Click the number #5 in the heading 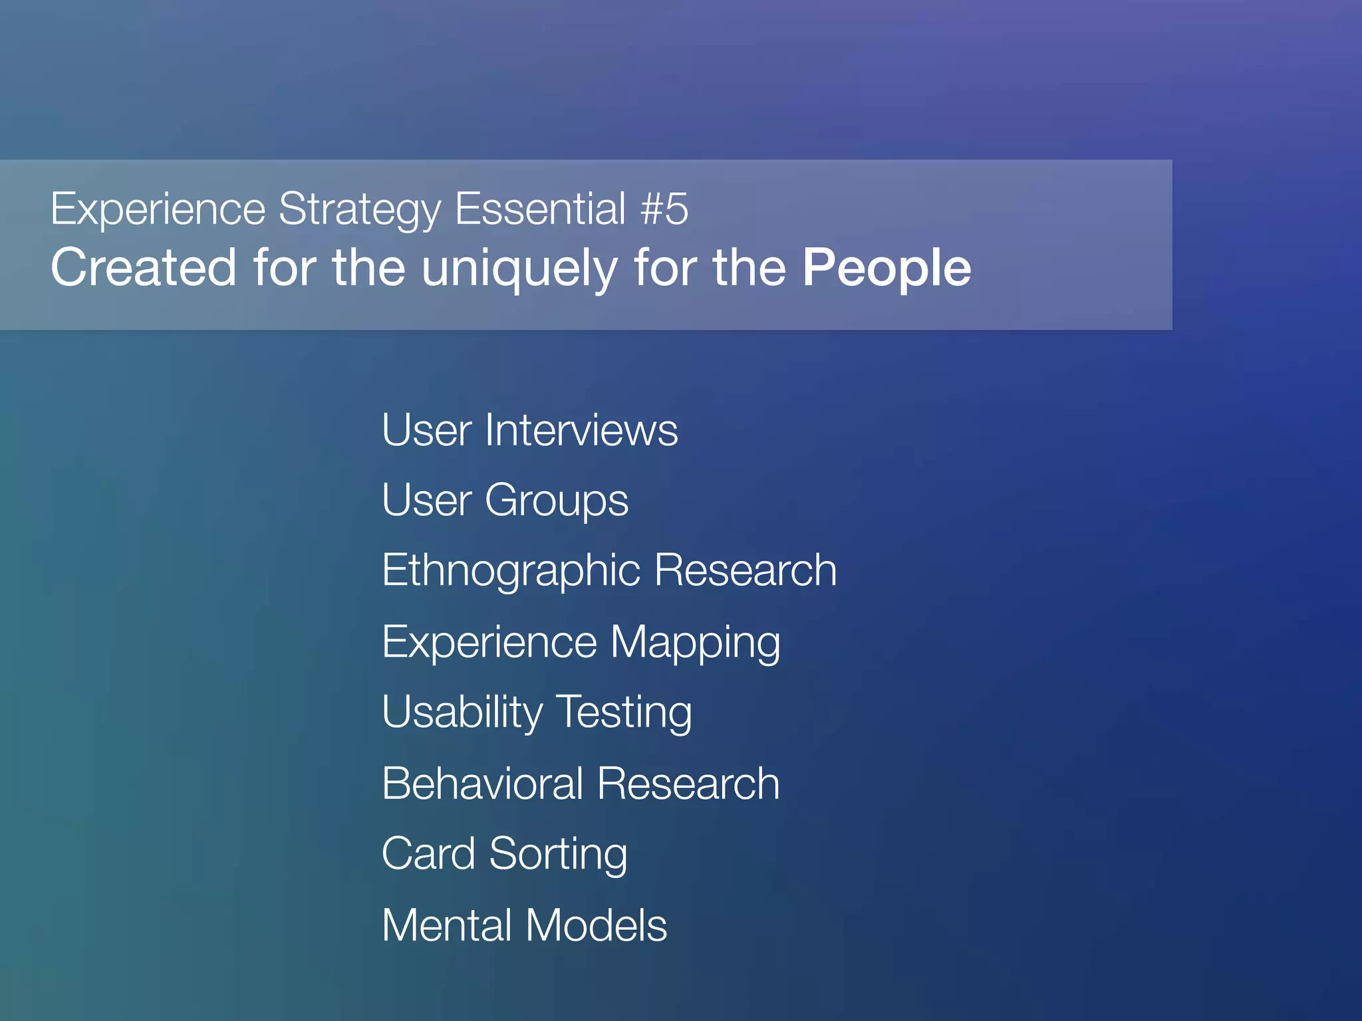coord(664,209)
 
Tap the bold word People coord(886,268)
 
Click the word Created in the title coord(144,268)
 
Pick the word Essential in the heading coord(540,209)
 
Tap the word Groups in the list coord(557,501)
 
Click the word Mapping coord(696,643)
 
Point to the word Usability coord(462,713)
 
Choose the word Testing coord(624,713)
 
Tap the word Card coord(428,854)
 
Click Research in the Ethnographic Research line coord(746,570)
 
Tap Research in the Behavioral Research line coord(688,784)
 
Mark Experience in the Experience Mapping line coord(489,643)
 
